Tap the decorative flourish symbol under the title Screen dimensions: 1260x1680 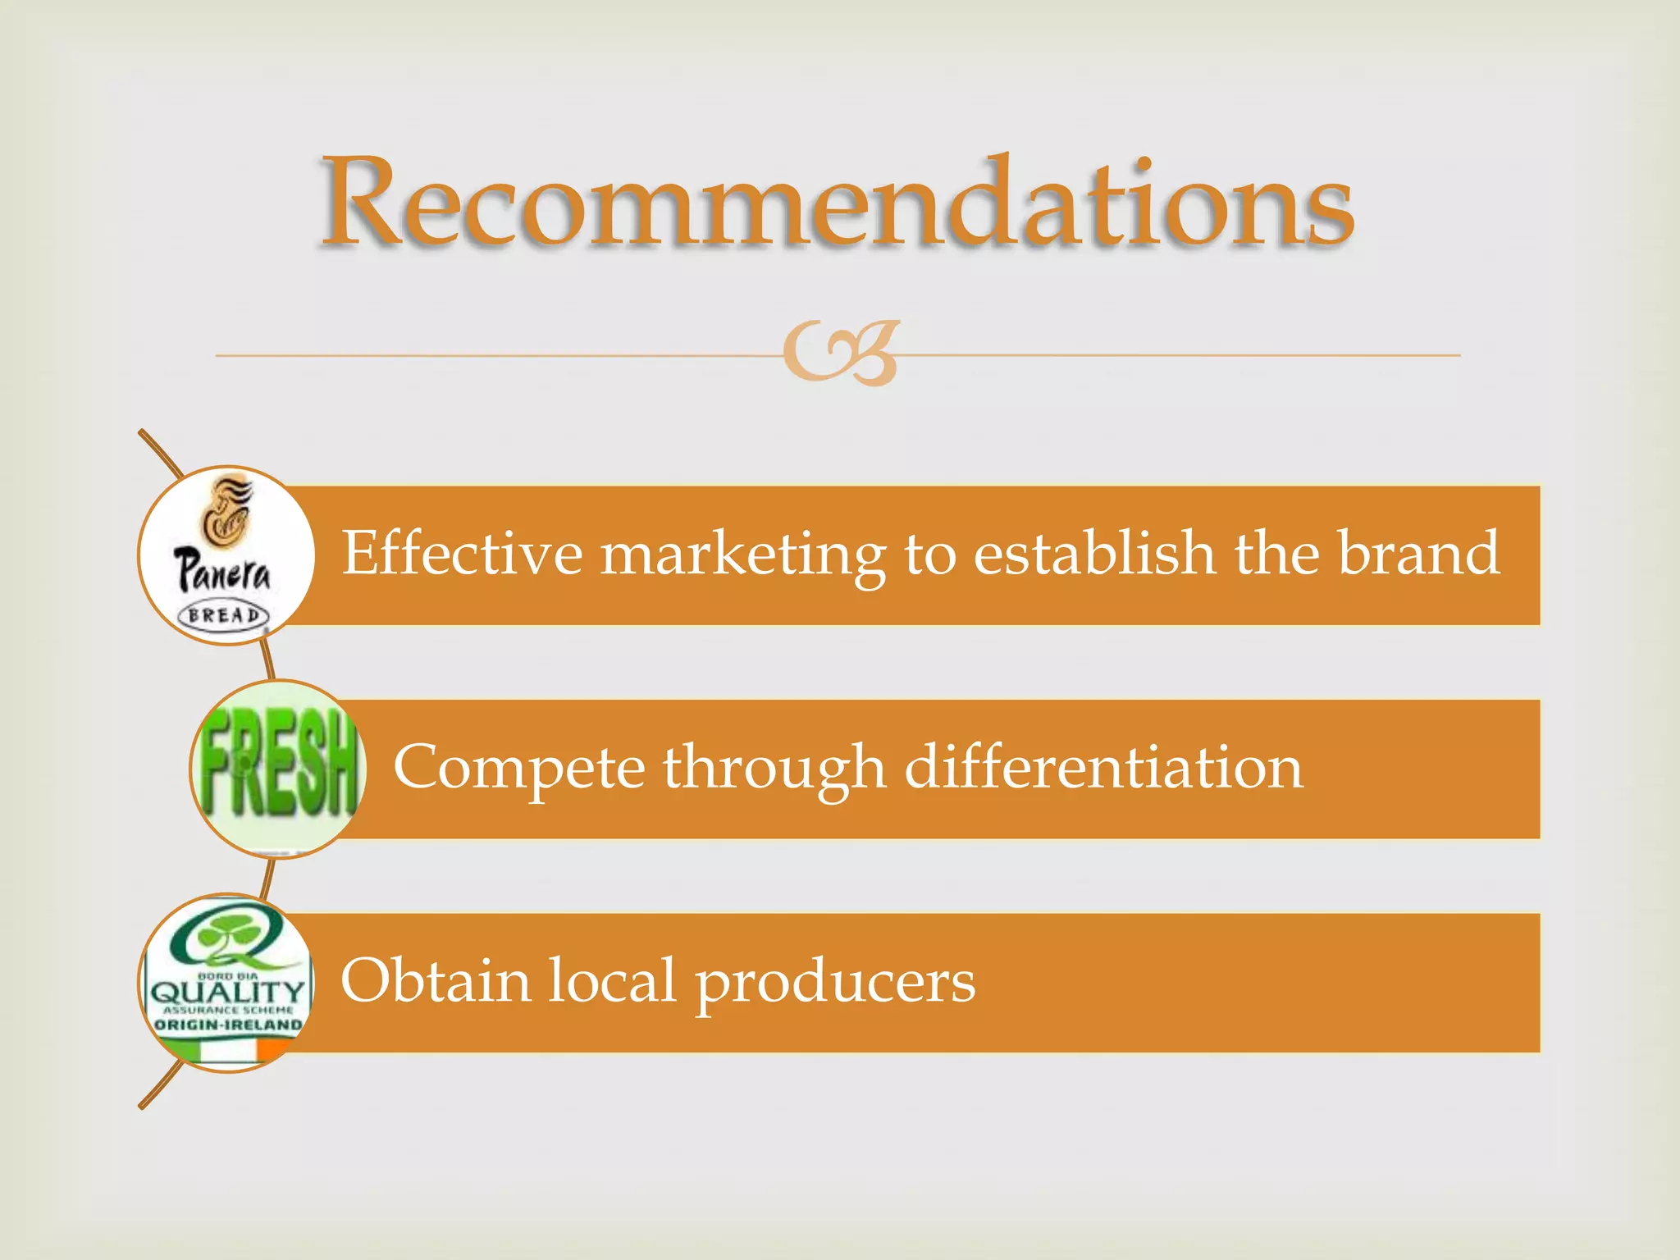841,353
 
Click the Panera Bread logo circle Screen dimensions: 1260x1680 226,555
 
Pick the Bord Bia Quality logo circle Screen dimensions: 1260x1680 226,983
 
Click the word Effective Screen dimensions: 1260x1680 462,553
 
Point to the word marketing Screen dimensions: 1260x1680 743,555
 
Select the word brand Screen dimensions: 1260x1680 1418,553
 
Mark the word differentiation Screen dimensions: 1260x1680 1103,767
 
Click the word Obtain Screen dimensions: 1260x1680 436,980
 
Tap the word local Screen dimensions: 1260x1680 612,980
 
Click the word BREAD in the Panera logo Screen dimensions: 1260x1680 223,615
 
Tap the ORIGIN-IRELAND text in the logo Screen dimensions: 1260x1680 228,1025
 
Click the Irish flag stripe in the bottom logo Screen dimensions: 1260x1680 226,1049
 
